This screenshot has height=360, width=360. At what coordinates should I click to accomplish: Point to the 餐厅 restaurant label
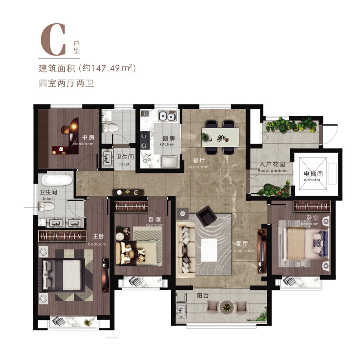(199, 162)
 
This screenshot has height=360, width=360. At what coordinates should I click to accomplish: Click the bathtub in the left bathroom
(56, 180)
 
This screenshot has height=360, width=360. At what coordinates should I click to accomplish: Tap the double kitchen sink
(167, 117)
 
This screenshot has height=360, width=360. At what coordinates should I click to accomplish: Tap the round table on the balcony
(227, 307)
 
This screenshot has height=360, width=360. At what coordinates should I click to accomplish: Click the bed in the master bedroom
(64, 272)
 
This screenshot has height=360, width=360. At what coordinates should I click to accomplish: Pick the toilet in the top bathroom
(110, 128)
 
